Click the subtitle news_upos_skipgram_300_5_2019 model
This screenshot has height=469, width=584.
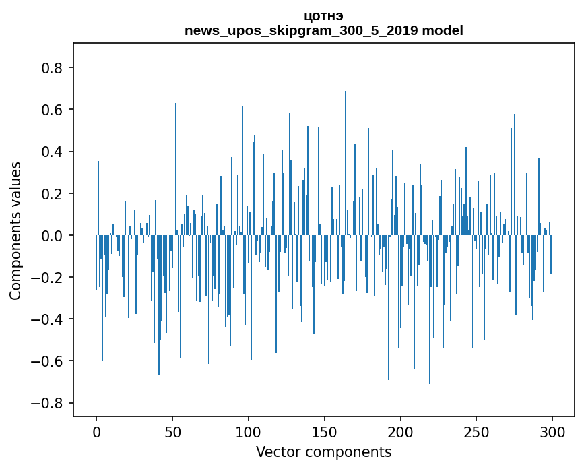[x=323, y=30]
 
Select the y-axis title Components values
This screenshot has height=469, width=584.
[x=15, y=230]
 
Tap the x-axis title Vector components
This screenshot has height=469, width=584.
[x=323, y=451]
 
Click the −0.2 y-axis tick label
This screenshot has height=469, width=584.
[x=48, y=278]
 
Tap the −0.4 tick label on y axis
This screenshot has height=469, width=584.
[x=48, y=319]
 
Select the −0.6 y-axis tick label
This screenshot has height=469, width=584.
[x=48, y=361]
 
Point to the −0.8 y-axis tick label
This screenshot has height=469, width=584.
[x=48, y=403]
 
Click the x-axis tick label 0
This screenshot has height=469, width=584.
[x=96, y=431]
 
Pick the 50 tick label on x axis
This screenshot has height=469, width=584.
[x=172, y=431]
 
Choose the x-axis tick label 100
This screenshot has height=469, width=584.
[x=249, y=431]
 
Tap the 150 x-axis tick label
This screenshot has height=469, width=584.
[x=325, y=431]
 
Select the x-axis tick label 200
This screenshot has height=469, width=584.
[x=401, y=431]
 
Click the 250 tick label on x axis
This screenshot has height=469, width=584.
[x=476, y=431]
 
